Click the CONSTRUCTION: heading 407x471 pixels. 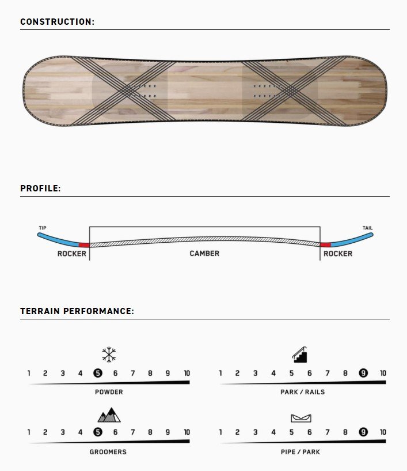click(58, 22)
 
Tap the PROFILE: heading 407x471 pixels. click(40, 189)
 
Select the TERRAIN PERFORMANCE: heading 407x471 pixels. click(77, 311)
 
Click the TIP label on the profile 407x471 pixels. click(43, 228)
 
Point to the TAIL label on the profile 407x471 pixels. click(367, 228)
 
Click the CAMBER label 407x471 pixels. click(204, 254)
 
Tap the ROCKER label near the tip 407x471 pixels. click(72, 254)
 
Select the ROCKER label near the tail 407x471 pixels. click(338, 254)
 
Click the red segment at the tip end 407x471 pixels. click(84, 244)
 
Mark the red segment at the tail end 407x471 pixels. click(325, 244)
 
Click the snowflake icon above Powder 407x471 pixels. click(109, 355)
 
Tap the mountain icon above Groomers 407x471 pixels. click(109, 415)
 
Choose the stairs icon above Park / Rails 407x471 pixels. click(299, 355)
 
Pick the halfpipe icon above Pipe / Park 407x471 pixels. click(301, 418)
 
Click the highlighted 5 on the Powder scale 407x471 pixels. click(98, 373)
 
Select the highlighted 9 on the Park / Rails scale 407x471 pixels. click(363, 373)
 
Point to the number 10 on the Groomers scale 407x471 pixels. click(187, 432)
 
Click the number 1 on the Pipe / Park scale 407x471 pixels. click(220, 432)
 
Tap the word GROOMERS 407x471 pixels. click(108, 452)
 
